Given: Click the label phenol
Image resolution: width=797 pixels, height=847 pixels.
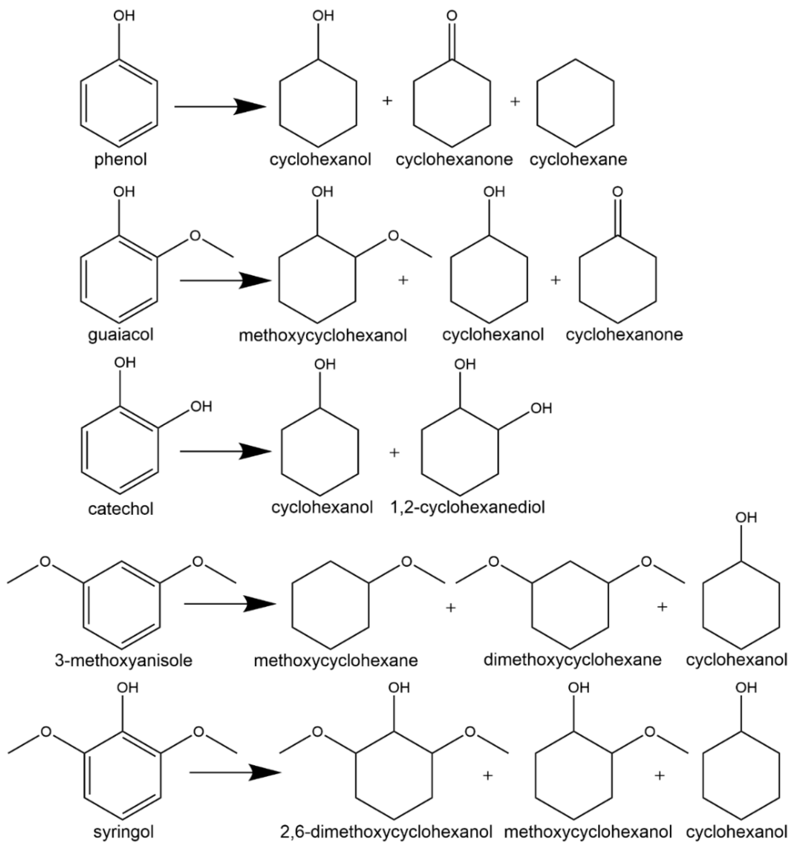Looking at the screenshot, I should click(x=121, y=160).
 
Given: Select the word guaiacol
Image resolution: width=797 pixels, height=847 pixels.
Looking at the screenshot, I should click(x=121, y=335).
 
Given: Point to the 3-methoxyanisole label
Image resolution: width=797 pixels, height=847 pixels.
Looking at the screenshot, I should click(x=124, y=660).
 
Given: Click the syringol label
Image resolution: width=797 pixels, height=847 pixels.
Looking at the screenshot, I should click(x=124, y=832).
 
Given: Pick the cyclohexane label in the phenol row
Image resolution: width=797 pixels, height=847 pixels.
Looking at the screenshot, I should click(x=578, y=160).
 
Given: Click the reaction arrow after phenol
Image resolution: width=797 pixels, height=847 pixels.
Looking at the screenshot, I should click(x=219, y=107).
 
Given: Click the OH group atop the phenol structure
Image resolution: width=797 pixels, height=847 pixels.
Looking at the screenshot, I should click(x=124, y=16).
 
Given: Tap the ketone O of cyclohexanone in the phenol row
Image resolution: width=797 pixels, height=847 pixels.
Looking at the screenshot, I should click(x=452, y=16).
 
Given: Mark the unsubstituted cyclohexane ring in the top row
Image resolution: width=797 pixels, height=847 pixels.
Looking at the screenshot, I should click(x=575, y=104).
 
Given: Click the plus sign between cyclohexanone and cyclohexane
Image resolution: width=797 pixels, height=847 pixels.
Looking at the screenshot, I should click(x=515, y=102).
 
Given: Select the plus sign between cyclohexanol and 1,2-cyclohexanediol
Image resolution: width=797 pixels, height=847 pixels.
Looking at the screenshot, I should click(x=394, y=453).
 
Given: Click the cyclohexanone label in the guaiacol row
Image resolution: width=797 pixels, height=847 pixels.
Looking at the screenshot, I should click(x=624, y=335).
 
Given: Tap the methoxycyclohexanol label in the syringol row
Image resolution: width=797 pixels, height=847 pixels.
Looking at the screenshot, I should click(x=588, y=832).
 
